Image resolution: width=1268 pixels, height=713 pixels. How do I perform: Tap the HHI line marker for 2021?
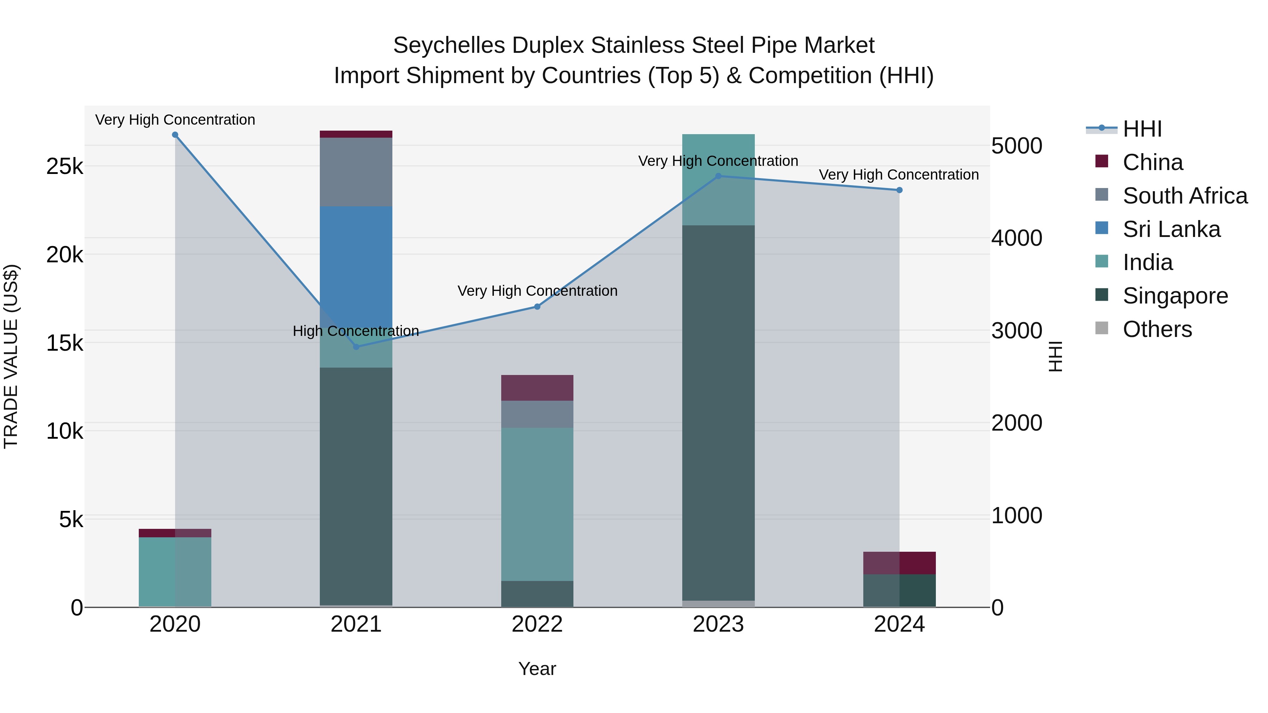(x=356, y=347)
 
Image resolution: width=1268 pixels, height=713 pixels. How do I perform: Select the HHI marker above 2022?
(x=537, y=307)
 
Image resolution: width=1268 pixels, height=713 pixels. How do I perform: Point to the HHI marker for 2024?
(x=899, y=190)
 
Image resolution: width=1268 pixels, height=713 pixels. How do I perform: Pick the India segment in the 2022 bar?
(x=537, y=504)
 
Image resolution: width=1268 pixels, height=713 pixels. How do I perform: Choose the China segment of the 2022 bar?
(x=537, y=388)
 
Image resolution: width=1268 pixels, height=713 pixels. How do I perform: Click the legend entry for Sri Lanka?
(x=1171, y=229)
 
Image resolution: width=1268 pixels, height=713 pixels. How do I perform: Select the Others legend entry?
(x=1157, y=329)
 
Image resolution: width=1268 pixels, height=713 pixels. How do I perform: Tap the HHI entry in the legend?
(x=1142, y=129)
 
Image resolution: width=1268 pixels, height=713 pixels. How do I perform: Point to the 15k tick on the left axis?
(x=64, y=343)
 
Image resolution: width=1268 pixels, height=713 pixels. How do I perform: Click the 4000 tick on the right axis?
(x=1017, y=238)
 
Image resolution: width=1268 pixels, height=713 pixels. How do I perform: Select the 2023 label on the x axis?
(x=718, y=624)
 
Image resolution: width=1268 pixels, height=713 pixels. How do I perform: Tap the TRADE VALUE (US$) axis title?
(x=11, y=356)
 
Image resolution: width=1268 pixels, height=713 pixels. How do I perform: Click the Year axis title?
(x=537, y=669)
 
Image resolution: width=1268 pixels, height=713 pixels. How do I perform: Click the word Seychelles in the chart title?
(x=448, y=45)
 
